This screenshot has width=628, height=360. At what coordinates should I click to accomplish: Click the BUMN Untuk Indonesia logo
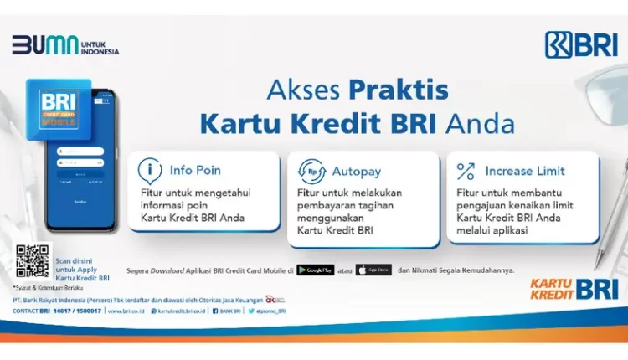[65, 45]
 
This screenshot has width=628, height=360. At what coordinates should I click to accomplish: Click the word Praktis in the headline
[399, 90]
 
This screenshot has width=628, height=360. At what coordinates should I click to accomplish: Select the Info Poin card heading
[195, 171]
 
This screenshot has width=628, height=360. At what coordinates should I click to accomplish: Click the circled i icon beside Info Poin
[150, 171]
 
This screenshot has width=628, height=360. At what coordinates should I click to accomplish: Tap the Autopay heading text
[356, 171]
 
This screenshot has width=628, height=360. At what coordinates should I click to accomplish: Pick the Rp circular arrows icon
[311, 171]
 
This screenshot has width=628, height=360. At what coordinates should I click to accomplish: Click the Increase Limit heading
[524, 171]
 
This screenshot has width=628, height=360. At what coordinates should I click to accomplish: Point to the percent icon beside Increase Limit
[466, 171]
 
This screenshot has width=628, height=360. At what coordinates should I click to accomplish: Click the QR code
[32, 261]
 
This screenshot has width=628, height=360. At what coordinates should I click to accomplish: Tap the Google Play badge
[315, 270]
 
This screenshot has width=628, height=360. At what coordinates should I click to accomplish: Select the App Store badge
[373, 270]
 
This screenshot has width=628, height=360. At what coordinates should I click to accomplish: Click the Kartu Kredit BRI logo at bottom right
[574, 289]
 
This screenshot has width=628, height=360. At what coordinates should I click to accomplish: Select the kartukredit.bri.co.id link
[180, 311]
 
